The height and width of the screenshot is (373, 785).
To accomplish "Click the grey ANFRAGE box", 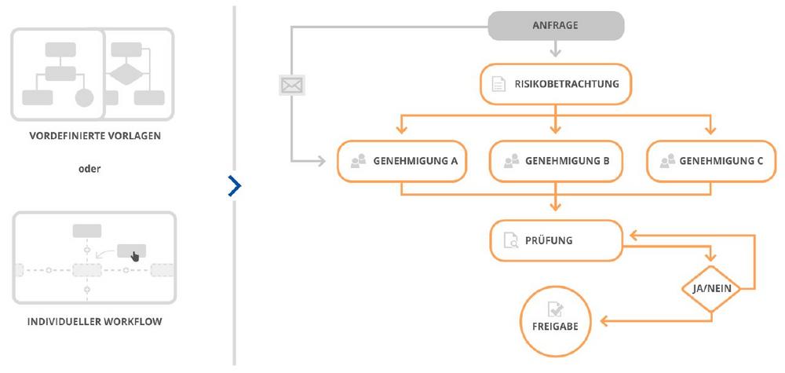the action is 556,26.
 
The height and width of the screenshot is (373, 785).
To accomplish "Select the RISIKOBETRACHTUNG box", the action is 556,84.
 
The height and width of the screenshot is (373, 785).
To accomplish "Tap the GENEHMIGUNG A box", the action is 402,161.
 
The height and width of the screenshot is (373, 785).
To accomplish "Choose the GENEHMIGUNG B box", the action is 556,161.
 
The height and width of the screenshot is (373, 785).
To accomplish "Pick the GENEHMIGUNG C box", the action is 711,161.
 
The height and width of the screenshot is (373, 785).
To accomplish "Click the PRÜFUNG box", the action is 556,240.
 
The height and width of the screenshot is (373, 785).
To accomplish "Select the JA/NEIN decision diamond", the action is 711,289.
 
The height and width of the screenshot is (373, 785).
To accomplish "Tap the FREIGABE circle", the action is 556,321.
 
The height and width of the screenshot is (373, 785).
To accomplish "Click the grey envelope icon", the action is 292,86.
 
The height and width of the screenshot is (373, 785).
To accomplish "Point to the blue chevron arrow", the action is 234,186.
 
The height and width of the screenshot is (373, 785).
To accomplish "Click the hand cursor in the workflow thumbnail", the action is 135,256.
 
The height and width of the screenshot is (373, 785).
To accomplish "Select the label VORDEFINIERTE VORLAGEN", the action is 95,136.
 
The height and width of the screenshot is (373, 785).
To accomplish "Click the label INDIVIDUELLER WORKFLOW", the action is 95,321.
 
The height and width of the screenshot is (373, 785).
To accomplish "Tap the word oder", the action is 89,169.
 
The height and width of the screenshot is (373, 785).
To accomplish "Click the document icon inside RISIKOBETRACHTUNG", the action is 498,84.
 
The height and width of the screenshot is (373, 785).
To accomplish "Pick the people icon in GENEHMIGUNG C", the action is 668,161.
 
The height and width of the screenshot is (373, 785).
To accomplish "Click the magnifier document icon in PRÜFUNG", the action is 511,240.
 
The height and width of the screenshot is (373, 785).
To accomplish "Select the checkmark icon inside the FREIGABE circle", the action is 555,309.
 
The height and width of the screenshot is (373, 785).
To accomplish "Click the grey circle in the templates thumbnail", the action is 85,97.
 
